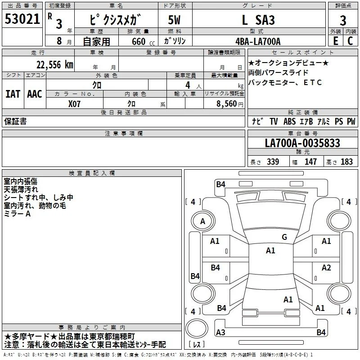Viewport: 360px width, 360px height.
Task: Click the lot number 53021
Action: click(22, 19)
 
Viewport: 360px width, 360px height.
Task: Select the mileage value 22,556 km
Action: click(55, 65)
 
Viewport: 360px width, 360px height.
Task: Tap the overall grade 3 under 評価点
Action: click(343, 20)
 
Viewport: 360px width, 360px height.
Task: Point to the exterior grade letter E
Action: click(335, 41)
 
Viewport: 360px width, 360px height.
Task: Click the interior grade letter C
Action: click(350, 41)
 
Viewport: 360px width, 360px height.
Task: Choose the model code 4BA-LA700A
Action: click(258, 41)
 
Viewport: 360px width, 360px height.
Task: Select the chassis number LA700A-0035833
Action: click(302, 143)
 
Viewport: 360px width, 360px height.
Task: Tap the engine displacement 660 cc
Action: click(144, 42)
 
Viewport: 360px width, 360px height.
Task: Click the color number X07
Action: click(74, 104)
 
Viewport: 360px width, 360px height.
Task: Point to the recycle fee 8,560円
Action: click(230, 104)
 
